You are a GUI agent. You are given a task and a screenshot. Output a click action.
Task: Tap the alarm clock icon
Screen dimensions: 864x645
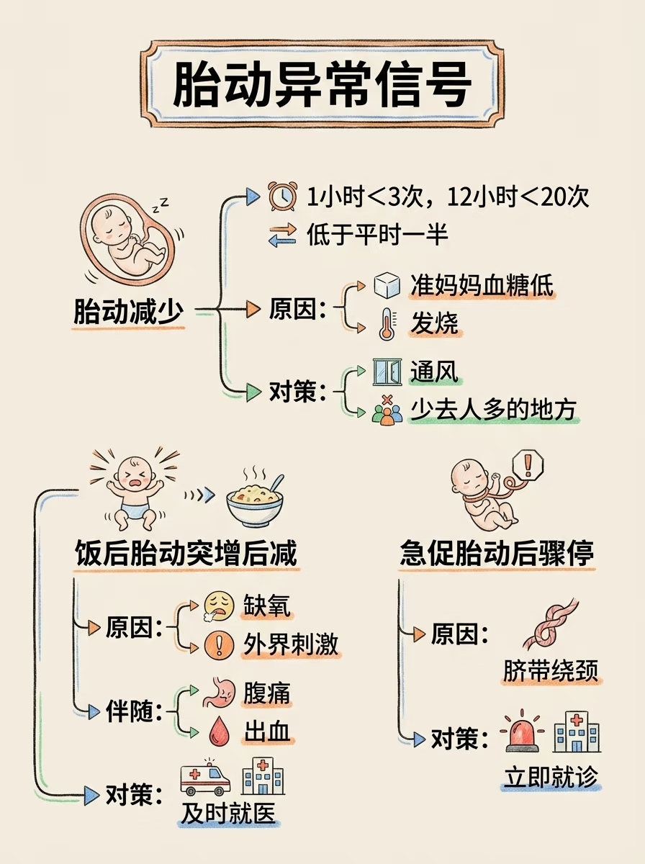[281, 196]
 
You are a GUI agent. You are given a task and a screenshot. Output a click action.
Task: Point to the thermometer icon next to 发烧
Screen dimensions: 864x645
[387, 325]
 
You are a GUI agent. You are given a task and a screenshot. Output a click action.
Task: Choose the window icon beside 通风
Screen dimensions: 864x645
[387, 372]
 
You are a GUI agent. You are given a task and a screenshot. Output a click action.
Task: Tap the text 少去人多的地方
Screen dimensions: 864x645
[493, 410]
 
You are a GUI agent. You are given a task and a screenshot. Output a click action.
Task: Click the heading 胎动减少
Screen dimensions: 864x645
[128, 312]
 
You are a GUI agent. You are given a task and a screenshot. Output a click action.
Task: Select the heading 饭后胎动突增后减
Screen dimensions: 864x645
[186, 554]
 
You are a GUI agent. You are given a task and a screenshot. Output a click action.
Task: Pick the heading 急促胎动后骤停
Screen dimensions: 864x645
[497, 554]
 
